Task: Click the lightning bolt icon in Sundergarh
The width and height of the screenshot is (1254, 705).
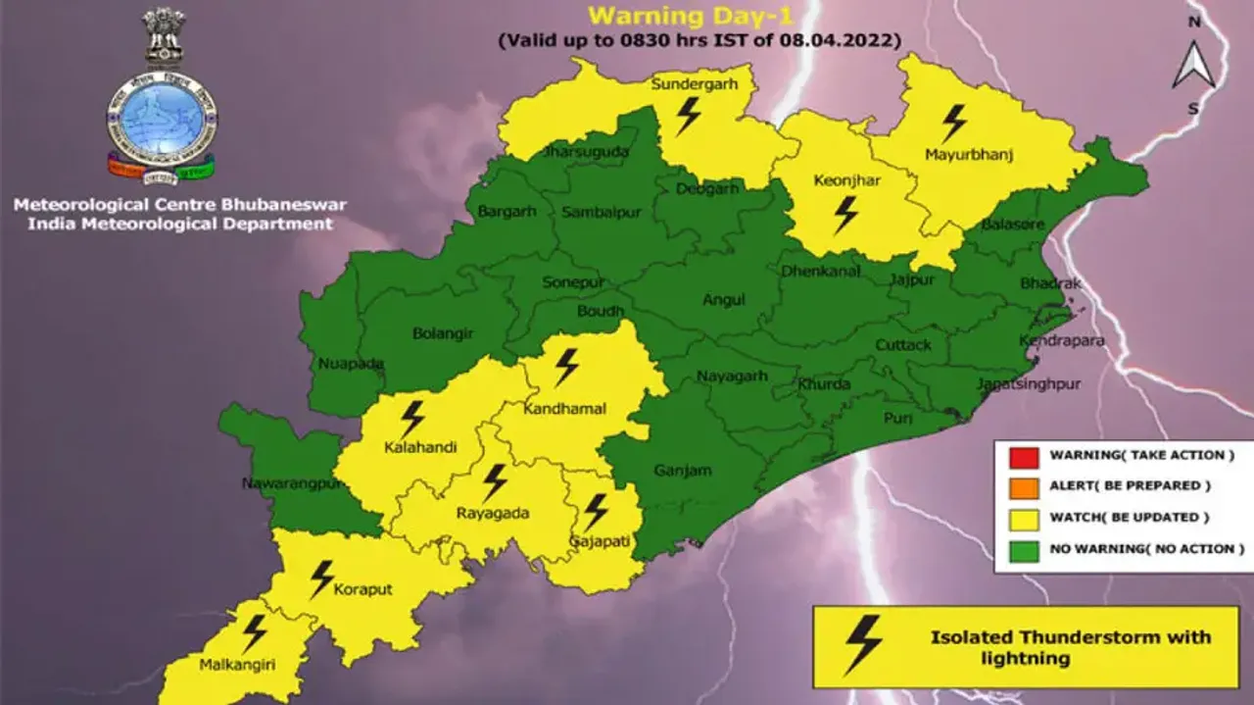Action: coord(689,115)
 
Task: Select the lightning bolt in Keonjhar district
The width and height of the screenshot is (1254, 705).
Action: coord(845,215)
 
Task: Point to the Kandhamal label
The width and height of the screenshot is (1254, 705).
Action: coord(565,408)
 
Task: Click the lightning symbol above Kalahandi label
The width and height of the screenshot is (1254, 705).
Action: coord(412,419)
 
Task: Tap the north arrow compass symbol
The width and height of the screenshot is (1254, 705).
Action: coord(1193,66)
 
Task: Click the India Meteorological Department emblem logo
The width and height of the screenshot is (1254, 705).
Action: coord(162,98)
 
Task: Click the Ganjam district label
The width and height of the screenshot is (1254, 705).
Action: coord(682,471)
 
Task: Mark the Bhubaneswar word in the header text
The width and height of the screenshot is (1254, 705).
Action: coord(288,205)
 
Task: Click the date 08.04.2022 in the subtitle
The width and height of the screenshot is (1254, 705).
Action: coord(848,40)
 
